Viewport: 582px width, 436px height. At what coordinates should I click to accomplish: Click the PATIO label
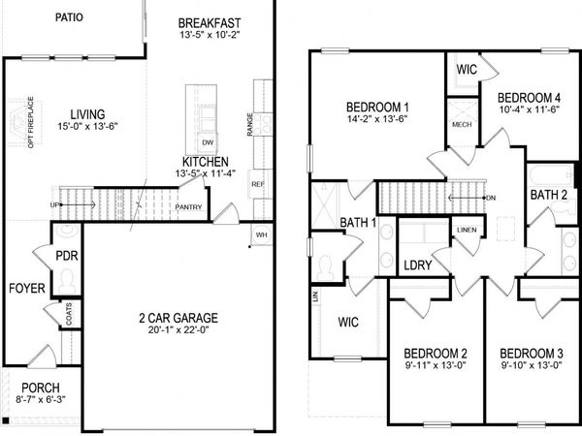point(67,17)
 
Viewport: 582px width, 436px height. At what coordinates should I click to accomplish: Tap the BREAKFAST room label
point(210,22)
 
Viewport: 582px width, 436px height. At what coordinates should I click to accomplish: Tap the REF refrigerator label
point(257,183)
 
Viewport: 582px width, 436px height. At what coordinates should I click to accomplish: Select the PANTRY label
point(188,206)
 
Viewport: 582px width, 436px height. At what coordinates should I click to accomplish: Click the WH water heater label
point(261,234)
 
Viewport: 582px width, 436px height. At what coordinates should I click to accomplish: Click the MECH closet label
point(462,125)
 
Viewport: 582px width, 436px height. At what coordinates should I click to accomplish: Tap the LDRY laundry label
point(418,265)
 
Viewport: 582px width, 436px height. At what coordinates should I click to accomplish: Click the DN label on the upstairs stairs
point(490,198)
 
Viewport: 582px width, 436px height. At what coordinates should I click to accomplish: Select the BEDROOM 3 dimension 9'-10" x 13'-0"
point(524,365)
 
